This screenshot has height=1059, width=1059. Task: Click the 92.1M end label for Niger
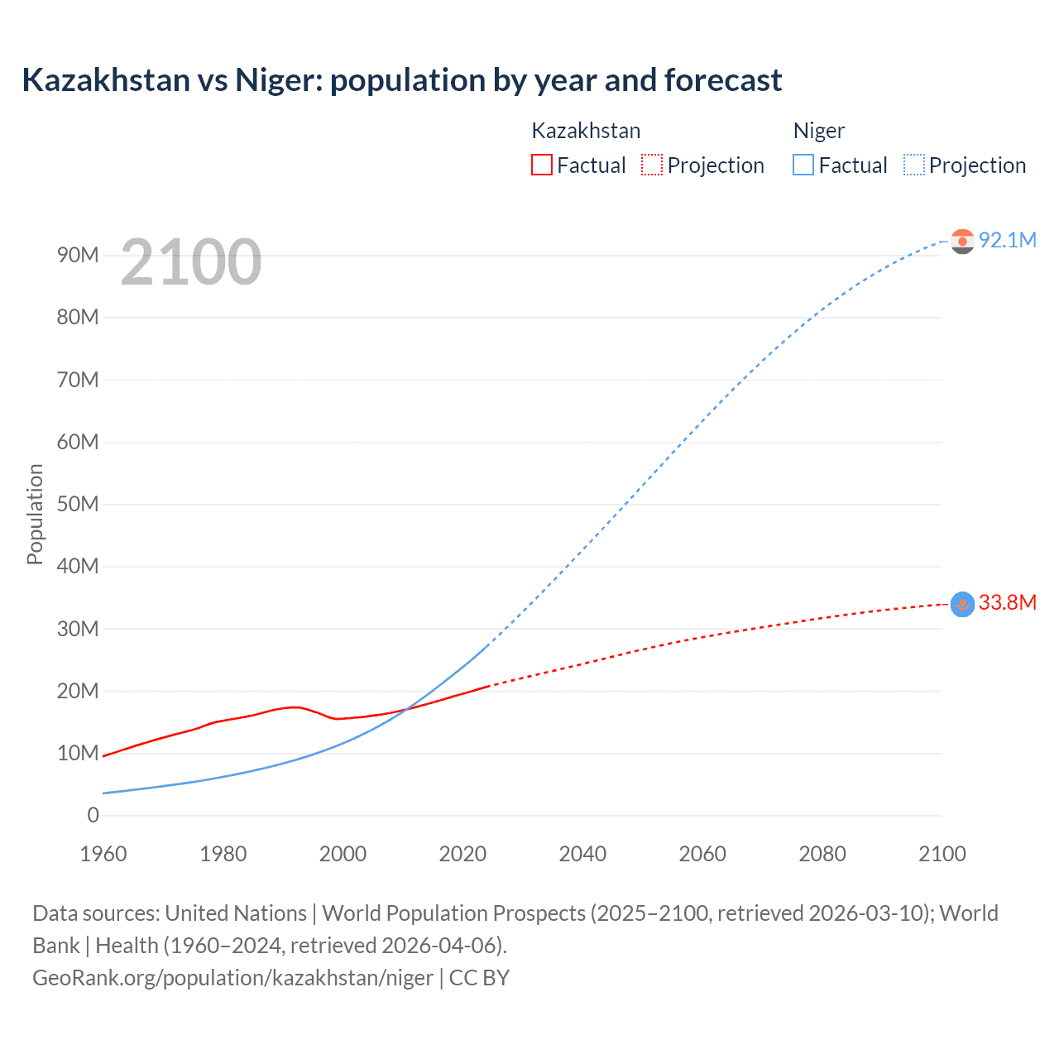click(x=1007, y=240)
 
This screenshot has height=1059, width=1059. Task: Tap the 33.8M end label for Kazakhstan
click(x=1007, y=602)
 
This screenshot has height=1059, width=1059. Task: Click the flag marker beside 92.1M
click(x=962, y=241)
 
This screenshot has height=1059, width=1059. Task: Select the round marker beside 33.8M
click(x=962, y=604)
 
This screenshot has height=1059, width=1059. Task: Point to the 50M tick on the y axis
click(x=78, y=504)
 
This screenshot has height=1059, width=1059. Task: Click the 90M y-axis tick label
click(x=78, y=255)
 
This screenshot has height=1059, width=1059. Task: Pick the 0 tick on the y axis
click(x=93, y=815)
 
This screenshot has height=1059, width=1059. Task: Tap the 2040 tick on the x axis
click(x=582, y=854)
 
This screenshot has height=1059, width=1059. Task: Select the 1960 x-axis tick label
click(x=103, y=854)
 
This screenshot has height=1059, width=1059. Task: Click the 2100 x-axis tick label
click(x=942, y=854)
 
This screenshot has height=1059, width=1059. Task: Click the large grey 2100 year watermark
click(x=191, y=262)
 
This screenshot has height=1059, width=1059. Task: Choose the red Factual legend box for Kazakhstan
click(x=541, y=165)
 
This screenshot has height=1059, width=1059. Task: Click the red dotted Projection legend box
click(x=652, y=165)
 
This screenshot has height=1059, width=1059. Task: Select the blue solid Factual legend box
click(x=803, y=165)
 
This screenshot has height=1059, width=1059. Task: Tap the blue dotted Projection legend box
click(x=913, y=165)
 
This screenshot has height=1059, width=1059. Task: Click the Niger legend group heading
click(x=818, y=131)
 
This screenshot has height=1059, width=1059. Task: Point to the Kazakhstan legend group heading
click(x=586, y=131)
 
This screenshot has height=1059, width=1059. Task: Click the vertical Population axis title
click(x=35, y=514)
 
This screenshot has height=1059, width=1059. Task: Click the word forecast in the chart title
click(x=722, y=80)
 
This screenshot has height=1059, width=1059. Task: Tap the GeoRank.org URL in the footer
click(x=232, y=978)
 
